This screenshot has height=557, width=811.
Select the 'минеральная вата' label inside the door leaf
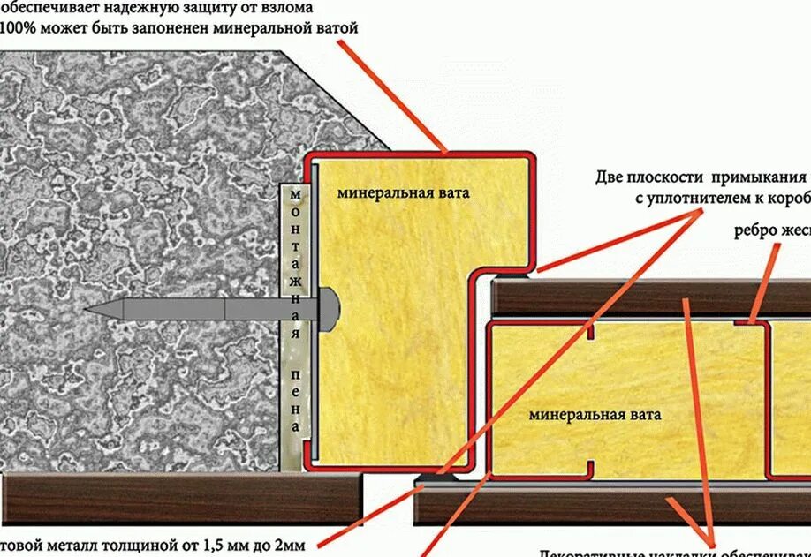[595, 413]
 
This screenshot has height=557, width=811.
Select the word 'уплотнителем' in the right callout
[689, 199]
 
